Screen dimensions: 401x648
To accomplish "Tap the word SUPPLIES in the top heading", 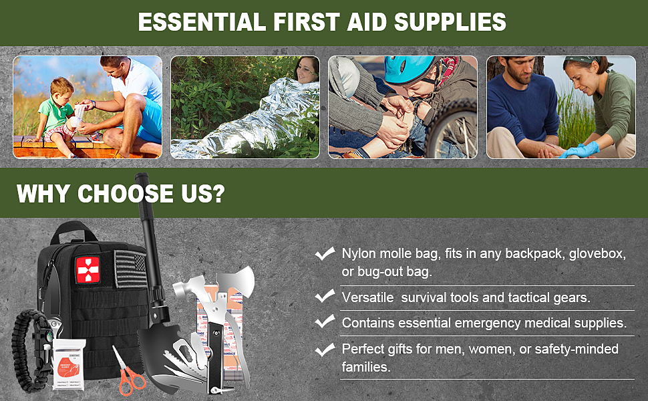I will pyautogui.click(x=450, y=22).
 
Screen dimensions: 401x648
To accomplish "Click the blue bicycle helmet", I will pyautogui.click(x=409, y=70).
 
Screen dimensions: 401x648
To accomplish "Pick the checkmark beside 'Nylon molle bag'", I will pyautogui.click(x=325, y=253).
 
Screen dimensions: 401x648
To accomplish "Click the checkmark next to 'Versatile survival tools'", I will pyautogui.click(x=325, y=296).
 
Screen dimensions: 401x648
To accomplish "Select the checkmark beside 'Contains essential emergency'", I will pyautogui.click(x=325, y=321).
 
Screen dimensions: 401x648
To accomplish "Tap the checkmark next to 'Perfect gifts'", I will pyautogui.click(x=325, y=348).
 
